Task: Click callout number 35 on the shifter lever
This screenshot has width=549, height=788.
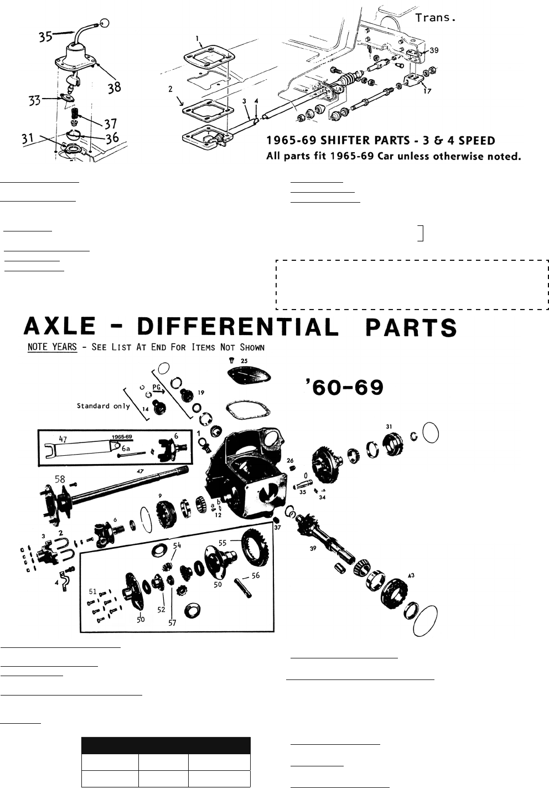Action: [x=46, y=37]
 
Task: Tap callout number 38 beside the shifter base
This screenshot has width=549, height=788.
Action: [x=113, y=87]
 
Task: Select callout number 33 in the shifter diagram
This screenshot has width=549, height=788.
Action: [x=35, y=101]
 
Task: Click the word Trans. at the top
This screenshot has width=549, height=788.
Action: [x=436, y=18]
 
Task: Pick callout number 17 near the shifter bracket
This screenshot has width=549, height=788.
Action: [x=427, y=91]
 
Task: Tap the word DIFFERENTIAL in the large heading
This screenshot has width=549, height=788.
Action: [x=237, y=327]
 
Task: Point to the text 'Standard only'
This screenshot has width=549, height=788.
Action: [x=104, y=406]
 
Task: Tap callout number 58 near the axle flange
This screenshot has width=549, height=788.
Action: [x=60, y=478]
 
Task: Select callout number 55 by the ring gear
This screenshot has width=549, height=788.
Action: [x=222, y=544]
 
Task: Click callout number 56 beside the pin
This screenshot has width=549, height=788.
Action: [x=256, y=575]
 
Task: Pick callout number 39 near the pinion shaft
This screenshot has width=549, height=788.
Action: [x=313, y=549]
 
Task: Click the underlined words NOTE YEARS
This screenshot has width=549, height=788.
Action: [x=51, y=348]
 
